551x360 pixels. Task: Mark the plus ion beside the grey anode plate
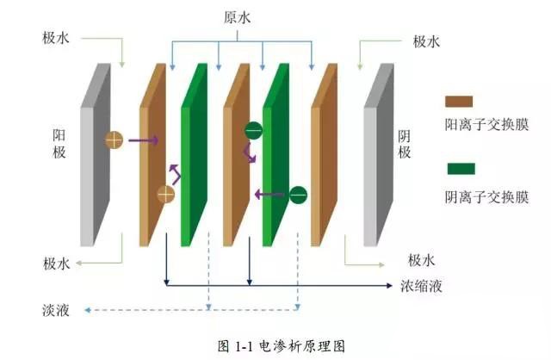[x=114, y=140]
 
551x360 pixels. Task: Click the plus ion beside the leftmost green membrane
[x=165, y=194]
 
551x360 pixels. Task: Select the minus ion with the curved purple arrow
[x=253, y=132]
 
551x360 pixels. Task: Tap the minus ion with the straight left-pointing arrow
[x=297, y=194]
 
